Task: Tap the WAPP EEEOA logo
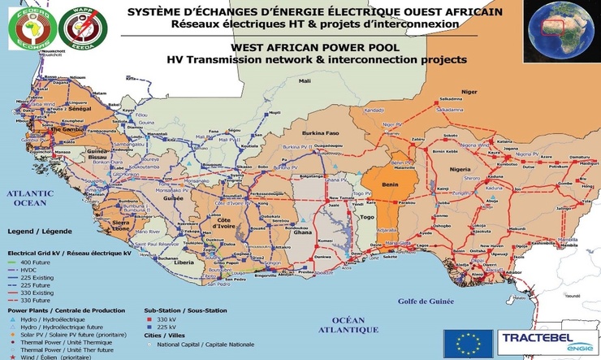[x=70, y=27]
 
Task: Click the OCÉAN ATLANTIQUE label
[x=348, y=325]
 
